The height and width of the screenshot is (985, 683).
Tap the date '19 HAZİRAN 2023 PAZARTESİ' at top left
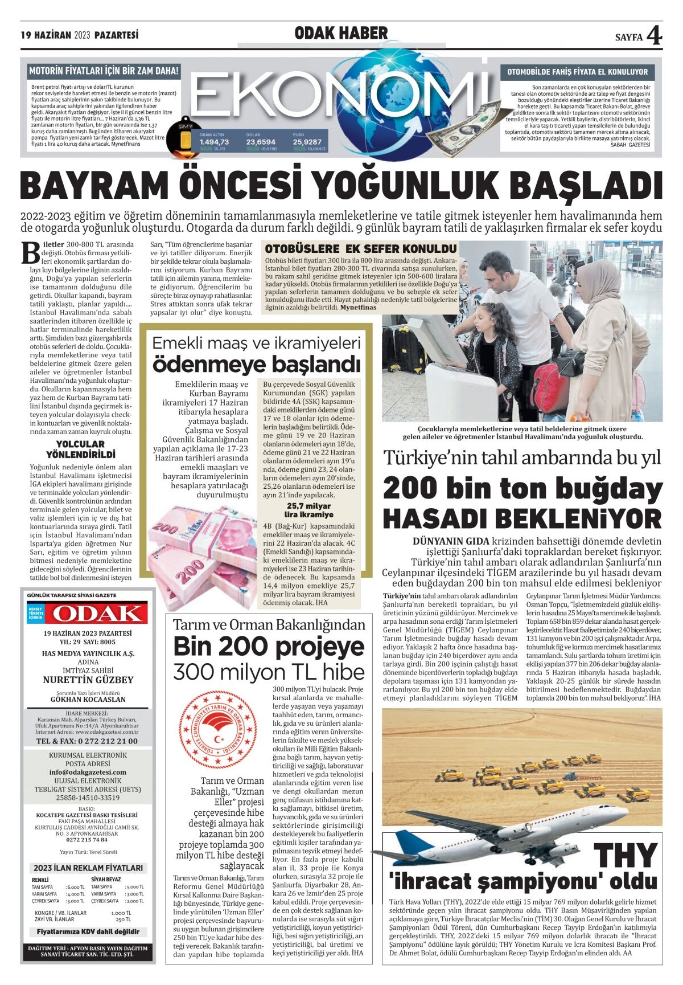[x=80, y=35]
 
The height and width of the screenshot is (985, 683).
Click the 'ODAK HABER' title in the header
[x=341, y=34]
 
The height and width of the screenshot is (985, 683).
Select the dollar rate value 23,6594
[x=261, y=142]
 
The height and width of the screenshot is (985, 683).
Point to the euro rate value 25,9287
[x=307, y=142]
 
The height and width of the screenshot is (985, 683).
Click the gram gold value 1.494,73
[x=214, y=142]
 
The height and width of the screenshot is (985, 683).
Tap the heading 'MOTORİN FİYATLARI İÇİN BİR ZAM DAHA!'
[x=104, y=71]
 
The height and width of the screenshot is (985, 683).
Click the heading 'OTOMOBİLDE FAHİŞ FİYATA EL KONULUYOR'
[x=577, y=72]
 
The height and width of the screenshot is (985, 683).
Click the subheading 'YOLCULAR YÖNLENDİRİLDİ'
[x=80, y=449]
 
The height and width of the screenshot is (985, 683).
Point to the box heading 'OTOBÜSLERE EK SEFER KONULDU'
[x=361, y=249]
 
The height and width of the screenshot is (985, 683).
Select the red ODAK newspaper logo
[x=96, y=613]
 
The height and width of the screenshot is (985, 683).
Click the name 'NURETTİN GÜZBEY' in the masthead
[x=88, y=680]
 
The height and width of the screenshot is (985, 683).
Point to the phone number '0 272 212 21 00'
[x=87, y=741]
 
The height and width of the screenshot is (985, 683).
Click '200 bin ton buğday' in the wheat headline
[x=522, y=488]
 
